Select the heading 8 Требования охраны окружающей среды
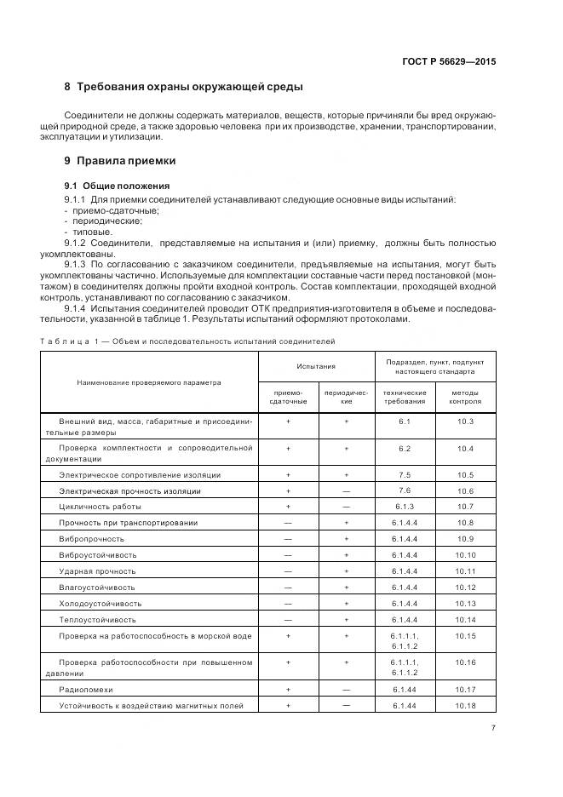(x=183, y=88)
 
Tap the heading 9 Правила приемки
(x=120, y=160)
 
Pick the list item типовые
(x=90, y=232)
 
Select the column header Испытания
(x=316, y=366)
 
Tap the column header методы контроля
(x=465, y=397)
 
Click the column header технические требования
(x=405, y=397)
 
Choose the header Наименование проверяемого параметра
(x=149, y=382)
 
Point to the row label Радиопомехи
(x=85, y=689)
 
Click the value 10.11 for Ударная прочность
(x=465, y=571)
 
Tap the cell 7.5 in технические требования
(x=405, y=473)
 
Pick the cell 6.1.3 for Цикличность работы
(x=405, y=507)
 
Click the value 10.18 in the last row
(x=465, y=706)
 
